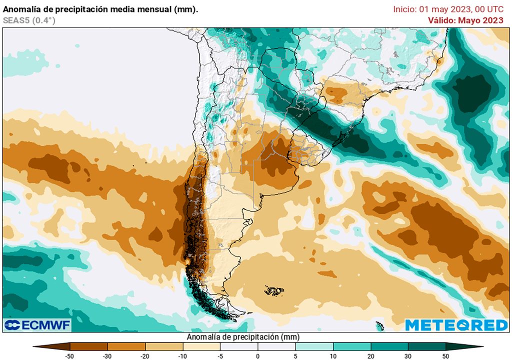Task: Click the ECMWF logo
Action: pos(37,325)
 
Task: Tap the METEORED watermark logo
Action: pos(456,325)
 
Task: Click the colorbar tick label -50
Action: pos(70,355)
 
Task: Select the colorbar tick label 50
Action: pos(445,355)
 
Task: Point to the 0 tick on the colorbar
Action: pos(258,355)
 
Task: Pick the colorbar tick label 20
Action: pos(370,355)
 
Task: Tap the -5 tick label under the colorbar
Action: pos(220,355)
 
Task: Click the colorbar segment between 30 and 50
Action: pos(426,346)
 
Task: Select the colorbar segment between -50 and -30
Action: pos(89,346)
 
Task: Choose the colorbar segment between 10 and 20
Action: pos(351,346)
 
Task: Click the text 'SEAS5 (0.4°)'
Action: pos(29,20)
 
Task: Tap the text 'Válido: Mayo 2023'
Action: pos(465,20)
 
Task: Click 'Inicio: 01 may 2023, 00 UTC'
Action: pos(448,9)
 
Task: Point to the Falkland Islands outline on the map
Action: pos(274,290)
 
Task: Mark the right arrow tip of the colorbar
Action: pos(482,346)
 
